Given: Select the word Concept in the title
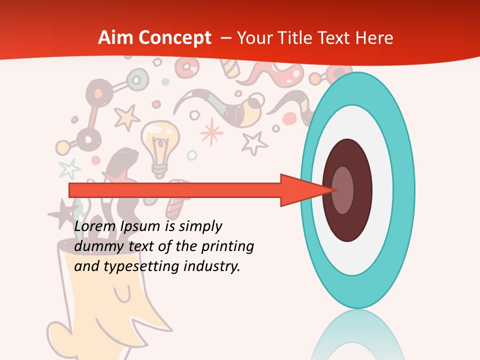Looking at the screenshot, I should (x=175, y=38).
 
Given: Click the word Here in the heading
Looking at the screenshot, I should (x=375, y=38).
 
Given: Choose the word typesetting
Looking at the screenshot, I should (x=141, y=267).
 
